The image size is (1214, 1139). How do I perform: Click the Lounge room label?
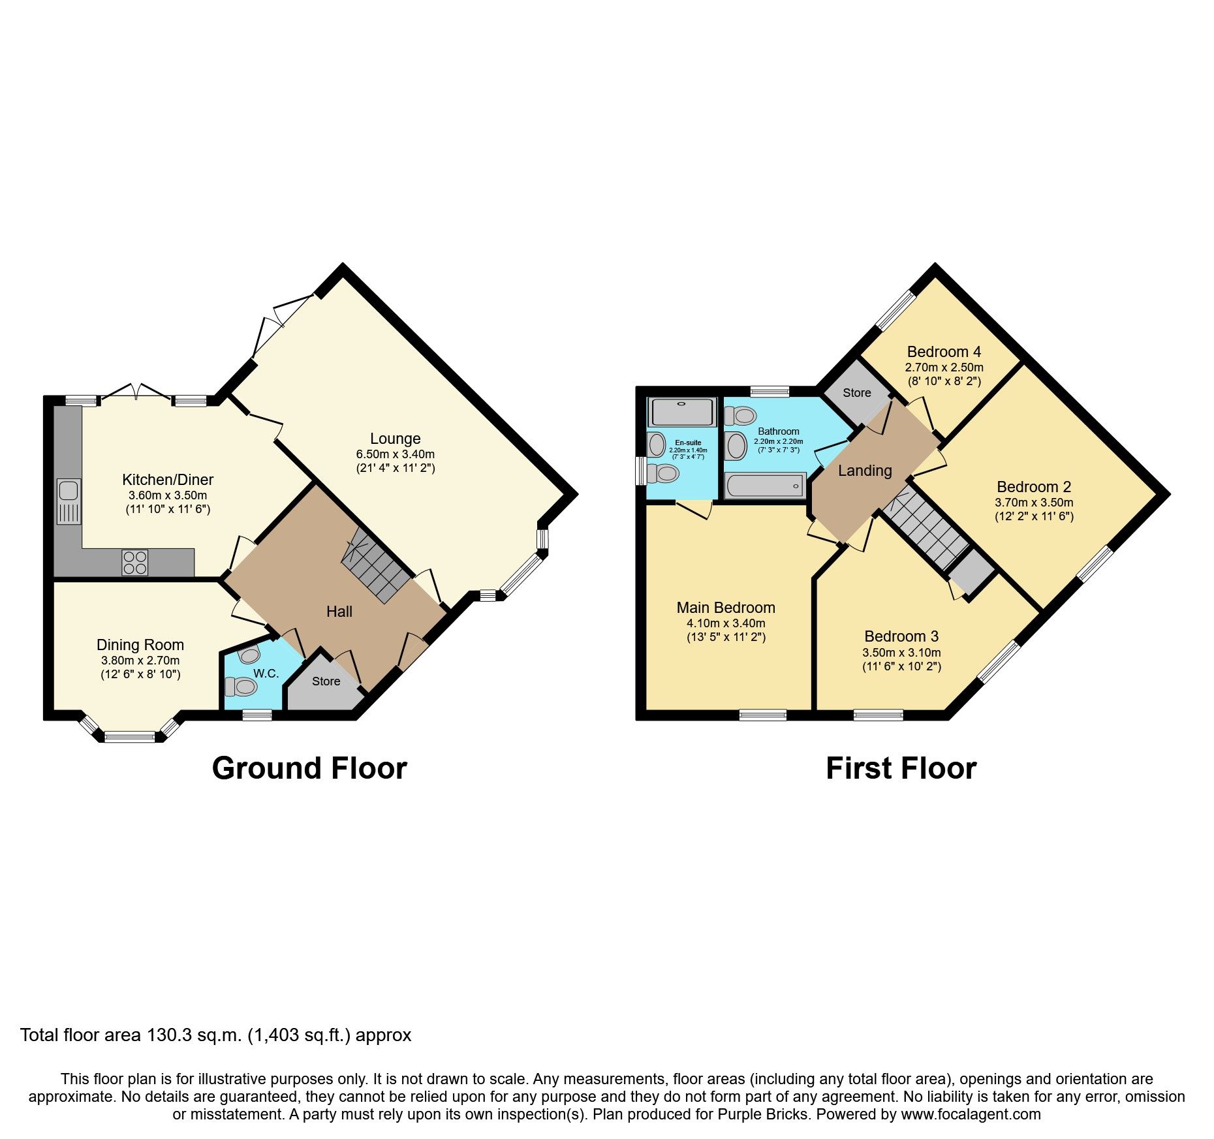point(395,439)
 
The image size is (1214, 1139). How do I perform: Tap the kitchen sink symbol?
point(69,501)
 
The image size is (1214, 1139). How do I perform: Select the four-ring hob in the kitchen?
point(134,563)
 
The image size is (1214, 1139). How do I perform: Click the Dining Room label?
point(140,645)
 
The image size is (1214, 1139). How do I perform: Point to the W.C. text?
point(266,673)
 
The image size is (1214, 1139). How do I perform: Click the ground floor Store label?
point(326,681)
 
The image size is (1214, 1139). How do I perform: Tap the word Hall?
point(339,612)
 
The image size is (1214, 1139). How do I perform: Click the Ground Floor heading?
point(309,768)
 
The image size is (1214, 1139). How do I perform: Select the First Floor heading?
point(901,768)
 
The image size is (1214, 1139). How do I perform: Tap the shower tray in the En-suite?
point(682,412)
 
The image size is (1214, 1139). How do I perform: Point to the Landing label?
point(865,471)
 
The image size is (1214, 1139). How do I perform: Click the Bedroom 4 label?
point(944,352)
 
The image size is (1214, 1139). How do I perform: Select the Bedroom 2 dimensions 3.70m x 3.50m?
point(1034,503)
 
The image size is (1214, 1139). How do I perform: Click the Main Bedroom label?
point(726,608)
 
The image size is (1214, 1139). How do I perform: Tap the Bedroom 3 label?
point(901,636)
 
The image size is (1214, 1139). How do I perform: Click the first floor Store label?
point(856,393)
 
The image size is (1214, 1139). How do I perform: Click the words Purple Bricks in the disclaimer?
point(762,1114)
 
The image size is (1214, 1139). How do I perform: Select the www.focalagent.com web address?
point(971,1114)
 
